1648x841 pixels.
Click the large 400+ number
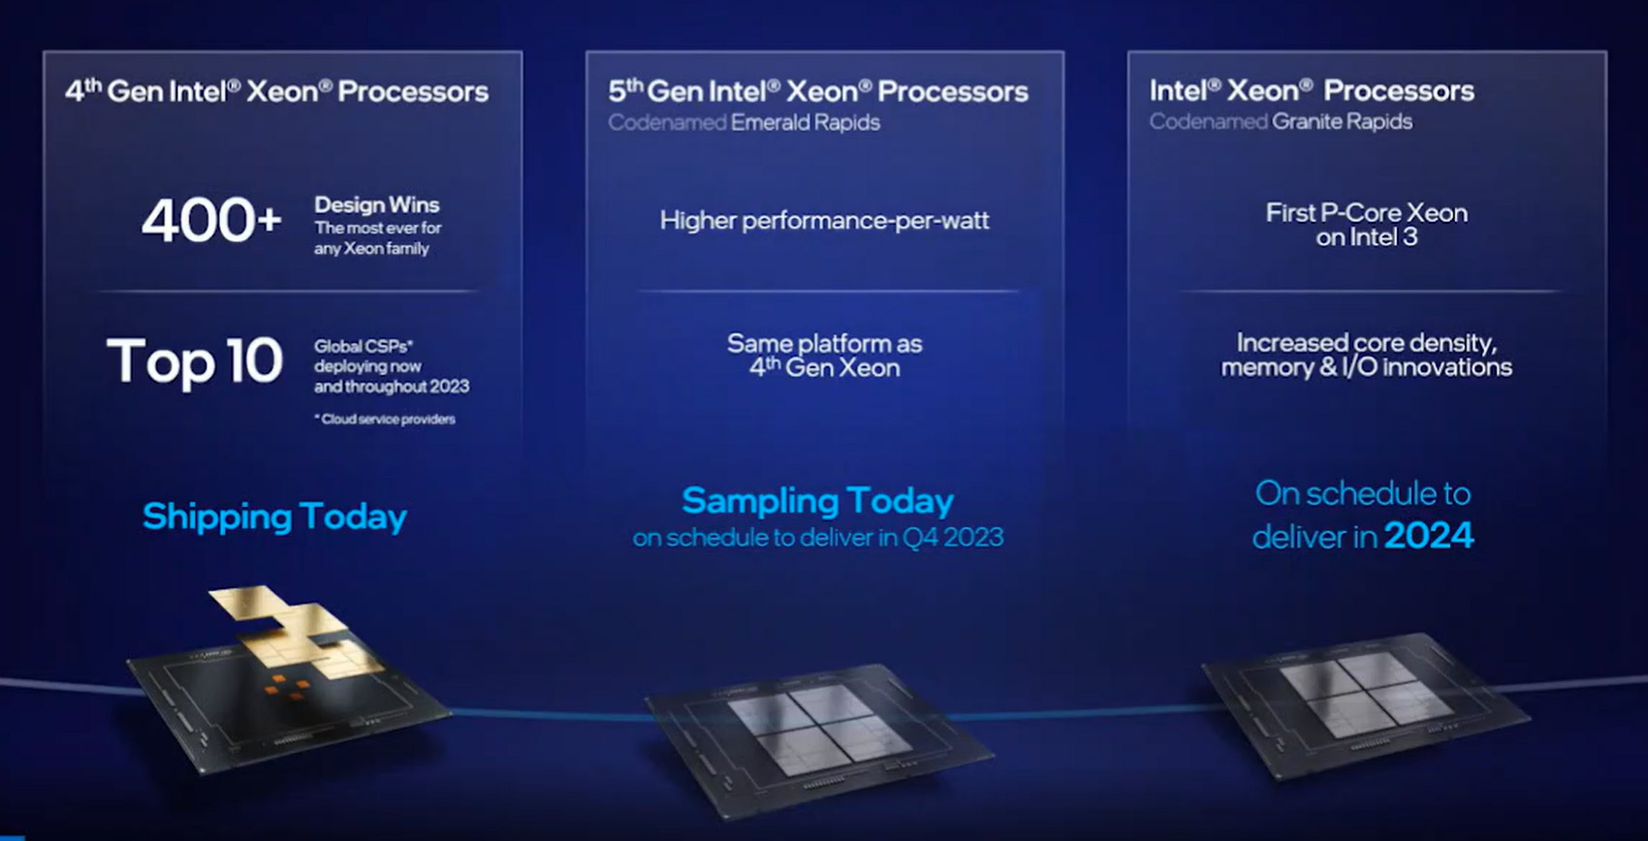tap(212, 221)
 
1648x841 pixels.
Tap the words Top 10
tap(194, 360)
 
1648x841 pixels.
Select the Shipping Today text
tap(274, 516)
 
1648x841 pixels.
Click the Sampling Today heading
tap(817, 501)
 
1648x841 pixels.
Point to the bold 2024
tap(1429, 535)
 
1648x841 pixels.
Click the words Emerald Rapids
tap(806, 122)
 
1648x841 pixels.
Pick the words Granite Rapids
tap(1342, 121)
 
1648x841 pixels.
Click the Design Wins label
tap(377, 204)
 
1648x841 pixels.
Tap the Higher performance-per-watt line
tap(824, 221)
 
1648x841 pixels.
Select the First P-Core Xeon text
tap(1366, 212)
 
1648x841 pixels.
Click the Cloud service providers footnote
tap(386, 419)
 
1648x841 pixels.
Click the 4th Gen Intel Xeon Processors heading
tap(276, 91)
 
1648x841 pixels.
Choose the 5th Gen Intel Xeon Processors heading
tap(818, 91)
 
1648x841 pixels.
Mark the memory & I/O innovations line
tap(1366, 367)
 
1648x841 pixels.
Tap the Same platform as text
tap(824, 343)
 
